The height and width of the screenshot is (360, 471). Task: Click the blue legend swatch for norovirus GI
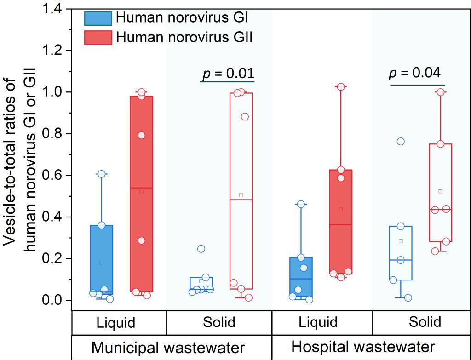click(x=98, y=18)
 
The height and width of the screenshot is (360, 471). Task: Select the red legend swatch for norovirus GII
click(x=98, y=38)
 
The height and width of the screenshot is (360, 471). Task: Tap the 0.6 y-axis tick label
click(x=54, y=176)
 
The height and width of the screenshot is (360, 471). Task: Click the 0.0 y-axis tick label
click(x=54, y=301)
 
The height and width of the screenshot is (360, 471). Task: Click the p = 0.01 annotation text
click(x=228, y=73)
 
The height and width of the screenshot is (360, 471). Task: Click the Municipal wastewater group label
click(x=168, y=347)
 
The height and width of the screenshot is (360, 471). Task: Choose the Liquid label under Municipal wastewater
click(x=116, y=322)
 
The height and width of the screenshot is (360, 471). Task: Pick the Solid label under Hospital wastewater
click(x=425, y=321)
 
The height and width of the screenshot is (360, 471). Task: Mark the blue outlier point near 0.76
click(x=401, y=141)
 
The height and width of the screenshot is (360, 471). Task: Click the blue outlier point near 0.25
click(x=201, y=249)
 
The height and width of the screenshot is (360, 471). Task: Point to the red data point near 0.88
click(x=245, y=116)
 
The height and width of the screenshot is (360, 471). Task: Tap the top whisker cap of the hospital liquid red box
click(x=341, y=86)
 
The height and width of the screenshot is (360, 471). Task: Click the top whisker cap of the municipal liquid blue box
click(x=102, y=174)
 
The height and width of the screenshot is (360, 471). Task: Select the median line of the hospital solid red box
click(x=440, y=209)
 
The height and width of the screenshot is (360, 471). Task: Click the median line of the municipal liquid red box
click(x=141, y=188)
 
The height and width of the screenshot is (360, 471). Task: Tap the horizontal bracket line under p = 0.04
click(x=418, y=85)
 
